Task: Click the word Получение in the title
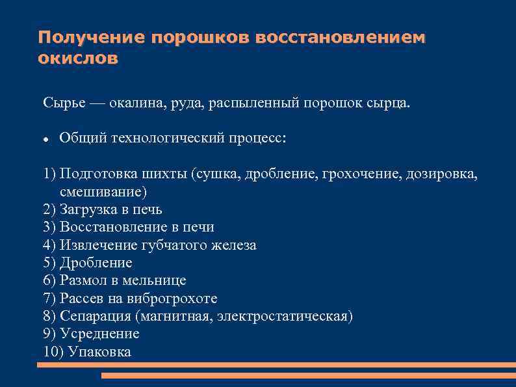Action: point(91,37)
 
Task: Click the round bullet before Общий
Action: point(46,139)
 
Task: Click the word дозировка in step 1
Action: point(446,174)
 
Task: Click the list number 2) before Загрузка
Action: point(50,209)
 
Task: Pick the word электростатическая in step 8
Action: point(285,316)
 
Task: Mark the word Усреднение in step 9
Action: point(99,334)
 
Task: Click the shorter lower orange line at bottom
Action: point(309,376)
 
